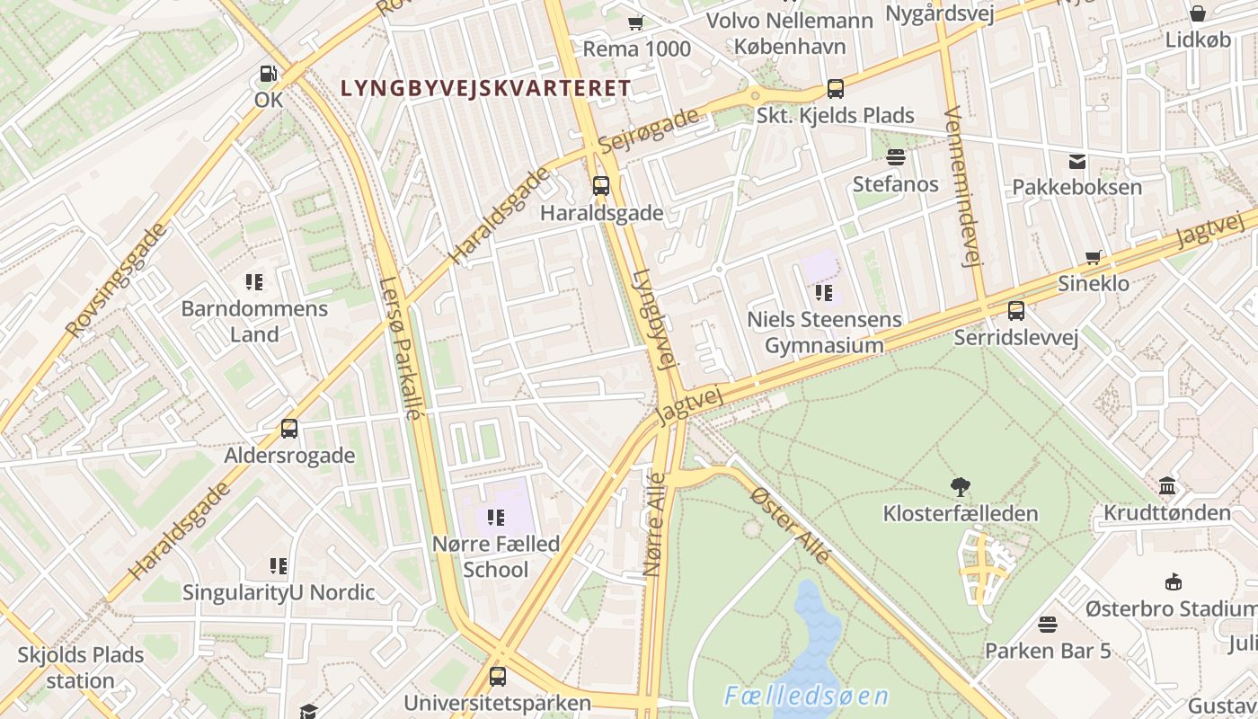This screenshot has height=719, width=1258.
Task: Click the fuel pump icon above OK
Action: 268,74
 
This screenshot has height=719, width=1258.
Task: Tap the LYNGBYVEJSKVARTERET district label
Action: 486,88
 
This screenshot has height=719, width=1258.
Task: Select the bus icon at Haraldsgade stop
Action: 601,187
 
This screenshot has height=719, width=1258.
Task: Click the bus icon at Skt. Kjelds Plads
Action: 836,89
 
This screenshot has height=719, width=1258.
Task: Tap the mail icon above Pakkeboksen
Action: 1076,162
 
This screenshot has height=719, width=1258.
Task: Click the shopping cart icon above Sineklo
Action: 1094,258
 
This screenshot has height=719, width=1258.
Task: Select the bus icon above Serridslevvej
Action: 1016,311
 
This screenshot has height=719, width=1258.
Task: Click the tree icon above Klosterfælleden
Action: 961,487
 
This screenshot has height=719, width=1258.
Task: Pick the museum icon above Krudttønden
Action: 1167,486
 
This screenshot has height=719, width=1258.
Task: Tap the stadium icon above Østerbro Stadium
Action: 1173,582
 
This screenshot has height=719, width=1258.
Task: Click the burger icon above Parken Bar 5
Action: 1048,624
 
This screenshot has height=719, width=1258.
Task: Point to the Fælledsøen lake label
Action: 806,697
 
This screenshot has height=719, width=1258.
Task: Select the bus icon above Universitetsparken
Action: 497,677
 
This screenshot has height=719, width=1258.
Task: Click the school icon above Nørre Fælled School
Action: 495,518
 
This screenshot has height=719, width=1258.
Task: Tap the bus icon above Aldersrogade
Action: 289,429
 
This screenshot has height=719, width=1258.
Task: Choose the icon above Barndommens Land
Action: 254,282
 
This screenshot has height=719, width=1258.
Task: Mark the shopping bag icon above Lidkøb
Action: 1198,13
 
